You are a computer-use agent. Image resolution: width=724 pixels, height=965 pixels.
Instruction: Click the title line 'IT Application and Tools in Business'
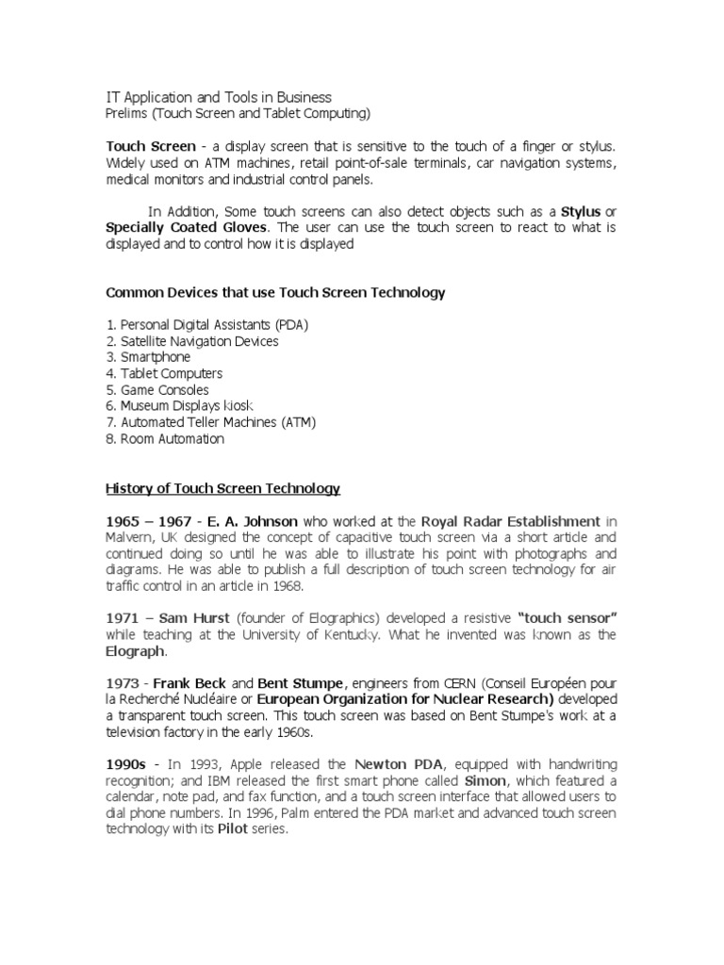(218, 97)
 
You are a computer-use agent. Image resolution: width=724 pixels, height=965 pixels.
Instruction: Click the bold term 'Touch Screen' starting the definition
(151, 147)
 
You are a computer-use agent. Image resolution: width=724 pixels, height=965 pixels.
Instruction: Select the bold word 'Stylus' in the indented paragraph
(582, 211)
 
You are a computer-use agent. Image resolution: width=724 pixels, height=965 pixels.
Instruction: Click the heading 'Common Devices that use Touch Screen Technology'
(275, 293)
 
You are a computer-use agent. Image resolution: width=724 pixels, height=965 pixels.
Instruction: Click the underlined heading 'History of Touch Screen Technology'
(222, 488)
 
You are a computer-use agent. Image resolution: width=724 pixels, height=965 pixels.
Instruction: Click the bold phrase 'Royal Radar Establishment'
(510, 521)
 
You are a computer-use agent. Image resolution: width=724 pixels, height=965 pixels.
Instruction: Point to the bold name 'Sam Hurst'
(173, 618)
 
